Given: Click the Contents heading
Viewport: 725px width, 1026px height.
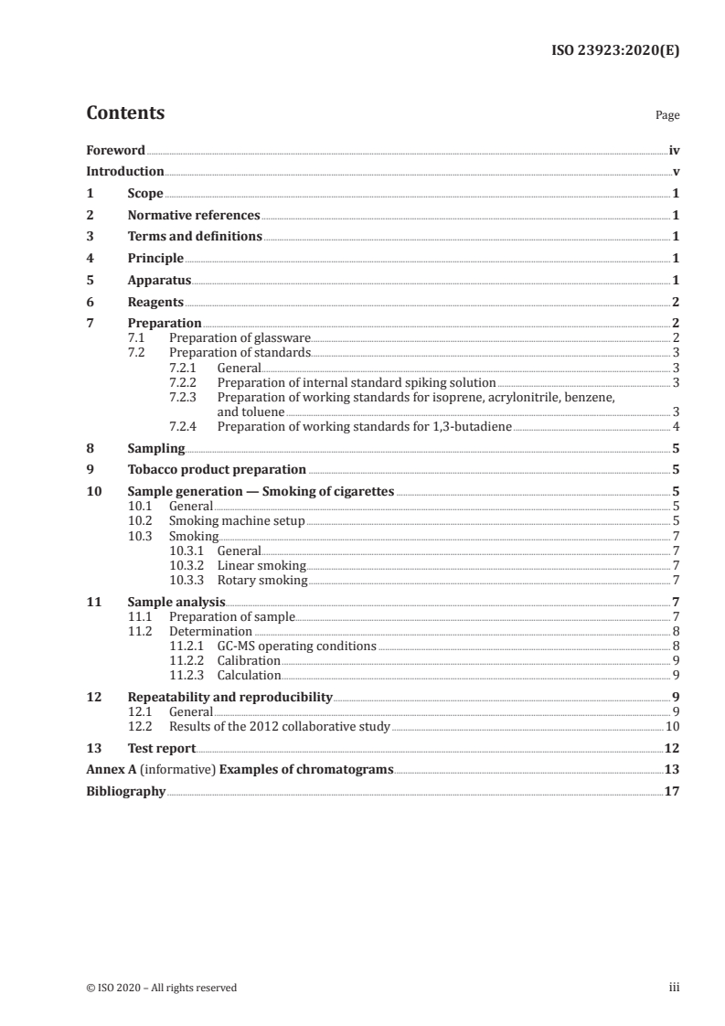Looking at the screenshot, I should pyautogui.click(x=125, y=113).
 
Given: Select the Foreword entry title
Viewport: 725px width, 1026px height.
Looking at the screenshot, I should pyautogui.click(x=115, y=150).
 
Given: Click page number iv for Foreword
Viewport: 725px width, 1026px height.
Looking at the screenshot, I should pyautogui.click(x=674, y=150).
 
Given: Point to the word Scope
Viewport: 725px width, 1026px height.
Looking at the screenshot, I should pyautogui.click(x=145, y=194).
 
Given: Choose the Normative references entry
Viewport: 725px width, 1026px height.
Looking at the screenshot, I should pyautogui.click(x=194, y=216).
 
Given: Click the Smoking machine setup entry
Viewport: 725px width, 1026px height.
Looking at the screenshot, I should pyautogui.click(x=237, y=521).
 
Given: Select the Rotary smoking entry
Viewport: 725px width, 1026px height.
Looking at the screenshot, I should pyautogui.click(x=261, y=580).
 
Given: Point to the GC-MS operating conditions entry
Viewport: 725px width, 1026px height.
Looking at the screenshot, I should pyautogui.click(x=296, y=646).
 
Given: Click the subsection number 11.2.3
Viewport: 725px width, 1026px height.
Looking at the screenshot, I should pyautogui.click(x=188, y=675).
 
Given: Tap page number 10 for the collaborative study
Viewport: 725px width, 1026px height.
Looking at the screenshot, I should pyautogui.click(x=673, y=727).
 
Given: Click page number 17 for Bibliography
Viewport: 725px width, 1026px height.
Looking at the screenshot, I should pyautogui.click(x=672, y=791).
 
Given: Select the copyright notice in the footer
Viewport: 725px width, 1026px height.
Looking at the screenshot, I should pyautogui.click(x=162, y=988).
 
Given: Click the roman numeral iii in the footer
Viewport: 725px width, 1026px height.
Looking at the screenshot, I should pyautogui.click(x=675, y=988).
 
